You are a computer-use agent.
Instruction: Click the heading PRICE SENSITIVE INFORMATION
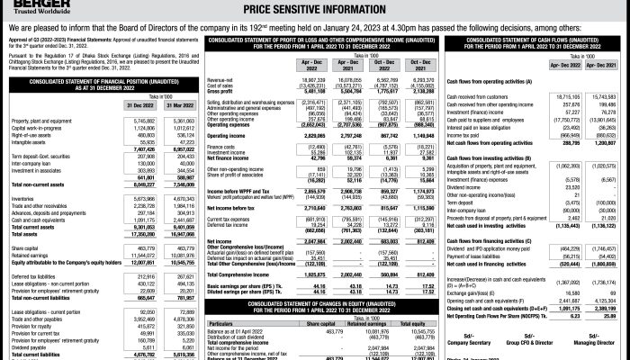313,8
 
